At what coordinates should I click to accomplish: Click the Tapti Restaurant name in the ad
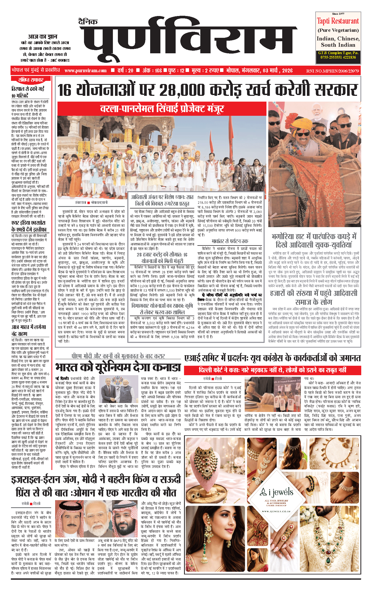point(338,21)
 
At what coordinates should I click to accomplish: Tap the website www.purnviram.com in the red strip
point(86,71)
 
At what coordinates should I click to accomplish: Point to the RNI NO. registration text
point(332,71)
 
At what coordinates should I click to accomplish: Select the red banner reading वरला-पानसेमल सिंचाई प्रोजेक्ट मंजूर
point(162,109)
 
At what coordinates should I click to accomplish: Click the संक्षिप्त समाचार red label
point(31,80)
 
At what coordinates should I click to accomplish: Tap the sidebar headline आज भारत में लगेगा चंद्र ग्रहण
point(29,330)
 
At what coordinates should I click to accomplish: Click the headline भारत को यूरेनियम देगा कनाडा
point(118,367)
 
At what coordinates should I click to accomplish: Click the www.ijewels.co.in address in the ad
point(276,511)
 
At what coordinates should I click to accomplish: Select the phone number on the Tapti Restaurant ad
point(338,57)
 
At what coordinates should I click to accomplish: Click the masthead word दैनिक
point(88,22)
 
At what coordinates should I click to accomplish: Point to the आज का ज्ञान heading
point(43,37)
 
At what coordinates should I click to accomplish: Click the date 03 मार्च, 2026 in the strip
point(277,71)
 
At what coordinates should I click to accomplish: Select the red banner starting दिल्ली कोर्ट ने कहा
point(272,370)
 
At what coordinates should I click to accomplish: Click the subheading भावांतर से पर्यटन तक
point(230,241)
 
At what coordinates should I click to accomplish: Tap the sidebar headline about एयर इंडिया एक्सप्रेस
point(29,226)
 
